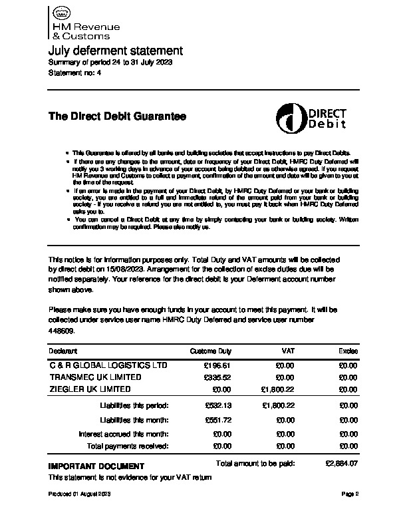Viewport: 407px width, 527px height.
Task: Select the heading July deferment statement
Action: pos(115,51)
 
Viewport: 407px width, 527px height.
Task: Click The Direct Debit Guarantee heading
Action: pos(117,116)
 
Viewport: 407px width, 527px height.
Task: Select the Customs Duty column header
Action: pos(210,351)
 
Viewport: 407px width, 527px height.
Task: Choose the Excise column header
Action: pos(348,351)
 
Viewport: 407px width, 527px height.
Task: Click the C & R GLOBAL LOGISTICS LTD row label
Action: pos(108,365)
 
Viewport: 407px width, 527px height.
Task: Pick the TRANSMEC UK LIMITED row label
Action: pos(95,377)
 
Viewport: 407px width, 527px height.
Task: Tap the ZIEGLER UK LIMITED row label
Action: pos(90,389)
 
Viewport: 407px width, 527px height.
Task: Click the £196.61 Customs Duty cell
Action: pos(217,365)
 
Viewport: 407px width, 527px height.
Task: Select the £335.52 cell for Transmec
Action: pos(217,377)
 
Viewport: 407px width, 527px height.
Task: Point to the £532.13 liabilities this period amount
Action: pos(217,405)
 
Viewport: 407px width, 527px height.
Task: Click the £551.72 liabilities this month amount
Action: pos(217,420)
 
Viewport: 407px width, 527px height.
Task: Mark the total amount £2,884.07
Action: pos(342,462)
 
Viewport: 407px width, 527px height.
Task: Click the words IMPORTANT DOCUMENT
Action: pos(96,466)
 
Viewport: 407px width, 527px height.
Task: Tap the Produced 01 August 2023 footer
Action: pos(80,494)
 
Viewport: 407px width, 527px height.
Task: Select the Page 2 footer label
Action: pos(350,494)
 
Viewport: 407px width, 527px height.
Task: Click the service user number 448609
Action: pos(62,331)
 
